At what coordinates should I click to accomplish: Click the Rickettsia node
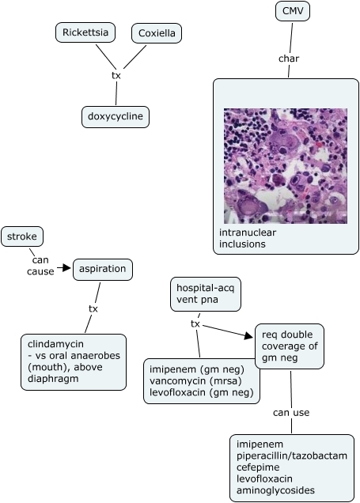(85, 32)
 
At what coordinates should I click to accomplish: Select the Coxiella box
(157, 33)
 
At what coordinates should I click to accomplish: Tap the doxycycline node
(116, 117)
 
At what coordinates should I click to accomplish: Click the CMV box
(293, 11)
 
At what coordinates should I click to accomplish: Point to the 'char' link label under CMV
(289, 59)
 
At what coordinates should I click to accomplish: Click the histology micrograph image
(286, 166)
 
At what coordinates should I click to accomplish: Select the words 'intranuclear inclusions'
(248, 238)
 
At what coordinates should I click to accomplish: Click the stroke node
(22, 236)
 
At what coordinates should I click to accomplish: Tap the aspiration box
(103, 270)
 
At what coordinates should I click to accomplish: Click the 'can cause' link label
(40, 266)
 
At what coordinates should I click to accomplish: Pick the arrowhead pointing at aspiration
(66, 267)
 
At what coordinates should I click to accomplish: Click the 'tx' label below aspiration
(93, 309)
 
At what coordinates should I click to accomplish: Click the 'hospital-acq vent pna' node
(206, 294)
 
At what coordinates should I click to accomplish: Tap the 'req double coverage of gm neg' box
(290, 346)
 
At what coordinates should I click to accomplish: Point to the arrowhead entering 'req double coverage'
(248, 336)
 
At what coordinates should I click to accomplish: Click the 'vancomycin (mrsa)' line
(195, 381)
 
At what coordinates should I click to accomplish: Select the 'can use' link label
(291, 413)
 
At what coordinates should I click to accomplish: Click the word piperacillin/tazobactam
(292, 456)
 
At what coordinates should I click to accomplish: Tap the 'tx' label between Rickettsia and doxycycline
(116, 76)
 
